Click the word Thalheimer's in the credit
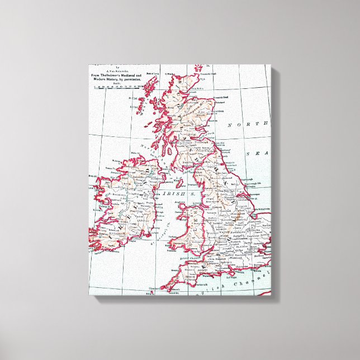[113, 75]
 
